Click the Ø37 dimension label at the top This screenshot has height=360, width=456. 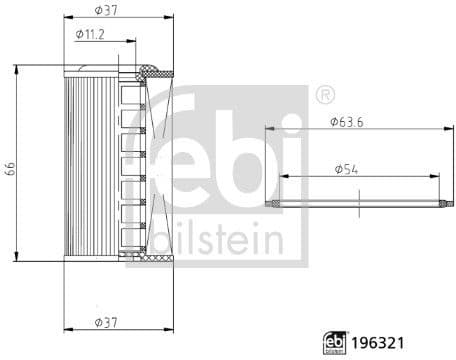pos(103,9)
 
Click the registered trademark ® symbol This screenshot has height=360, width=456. pos(324,95)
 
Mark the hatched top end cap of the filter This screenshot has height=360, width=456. pos(151,69)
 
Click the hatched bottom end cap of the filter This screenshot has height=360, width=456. pos(145,257)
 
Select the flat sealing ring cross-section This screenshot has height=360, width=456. pos(355,203)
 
